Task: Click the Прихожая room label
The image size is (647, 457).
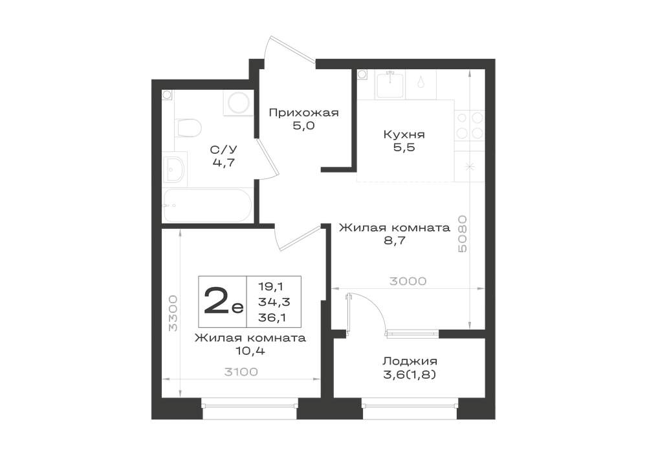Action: (x=303, y=112)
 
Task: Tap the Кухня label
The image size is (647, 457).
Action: (x=404, y=134)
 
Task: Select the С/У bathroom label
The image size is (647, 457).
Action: (x=224, y=149)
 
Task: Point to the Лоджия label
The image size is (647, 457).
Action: (x=410, y=361)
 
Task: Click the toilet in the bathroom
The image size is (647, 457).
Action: (x=188, y=128)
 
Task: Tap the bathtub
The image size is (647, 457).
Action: (x=207, y=205)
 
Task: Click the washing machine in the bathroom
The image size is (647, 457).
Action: (x=238, y=102)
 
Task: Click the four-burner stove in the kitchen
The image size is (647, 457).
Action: (x=469, y=125)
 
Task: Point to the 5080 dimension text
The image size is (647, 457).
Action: (x=462, y=233)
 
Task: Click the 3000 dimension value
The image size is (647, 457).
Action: (x=408, y=281)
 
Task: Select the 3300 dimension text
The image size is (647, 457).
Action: (x=173, y=313)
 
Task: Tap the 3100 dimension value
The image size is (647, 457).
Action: (x=241, y=372)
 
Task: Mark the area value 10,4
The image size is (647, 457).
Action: (x=249, y=351)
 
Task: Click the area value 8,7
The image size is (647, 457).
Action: (x=394, y=240)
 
